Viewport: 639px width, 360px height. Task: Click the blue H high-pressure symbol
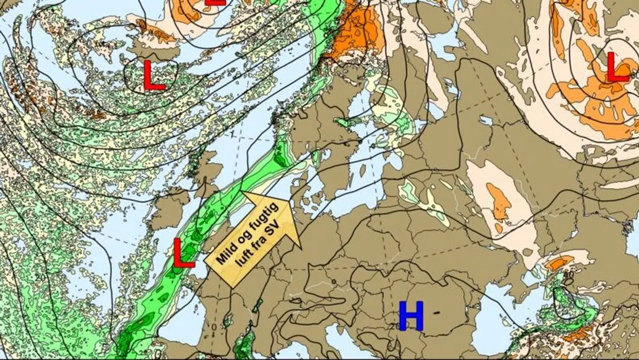pos(411,316)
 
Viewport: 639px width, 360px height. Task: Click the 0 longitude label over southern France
pos(214,327)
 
